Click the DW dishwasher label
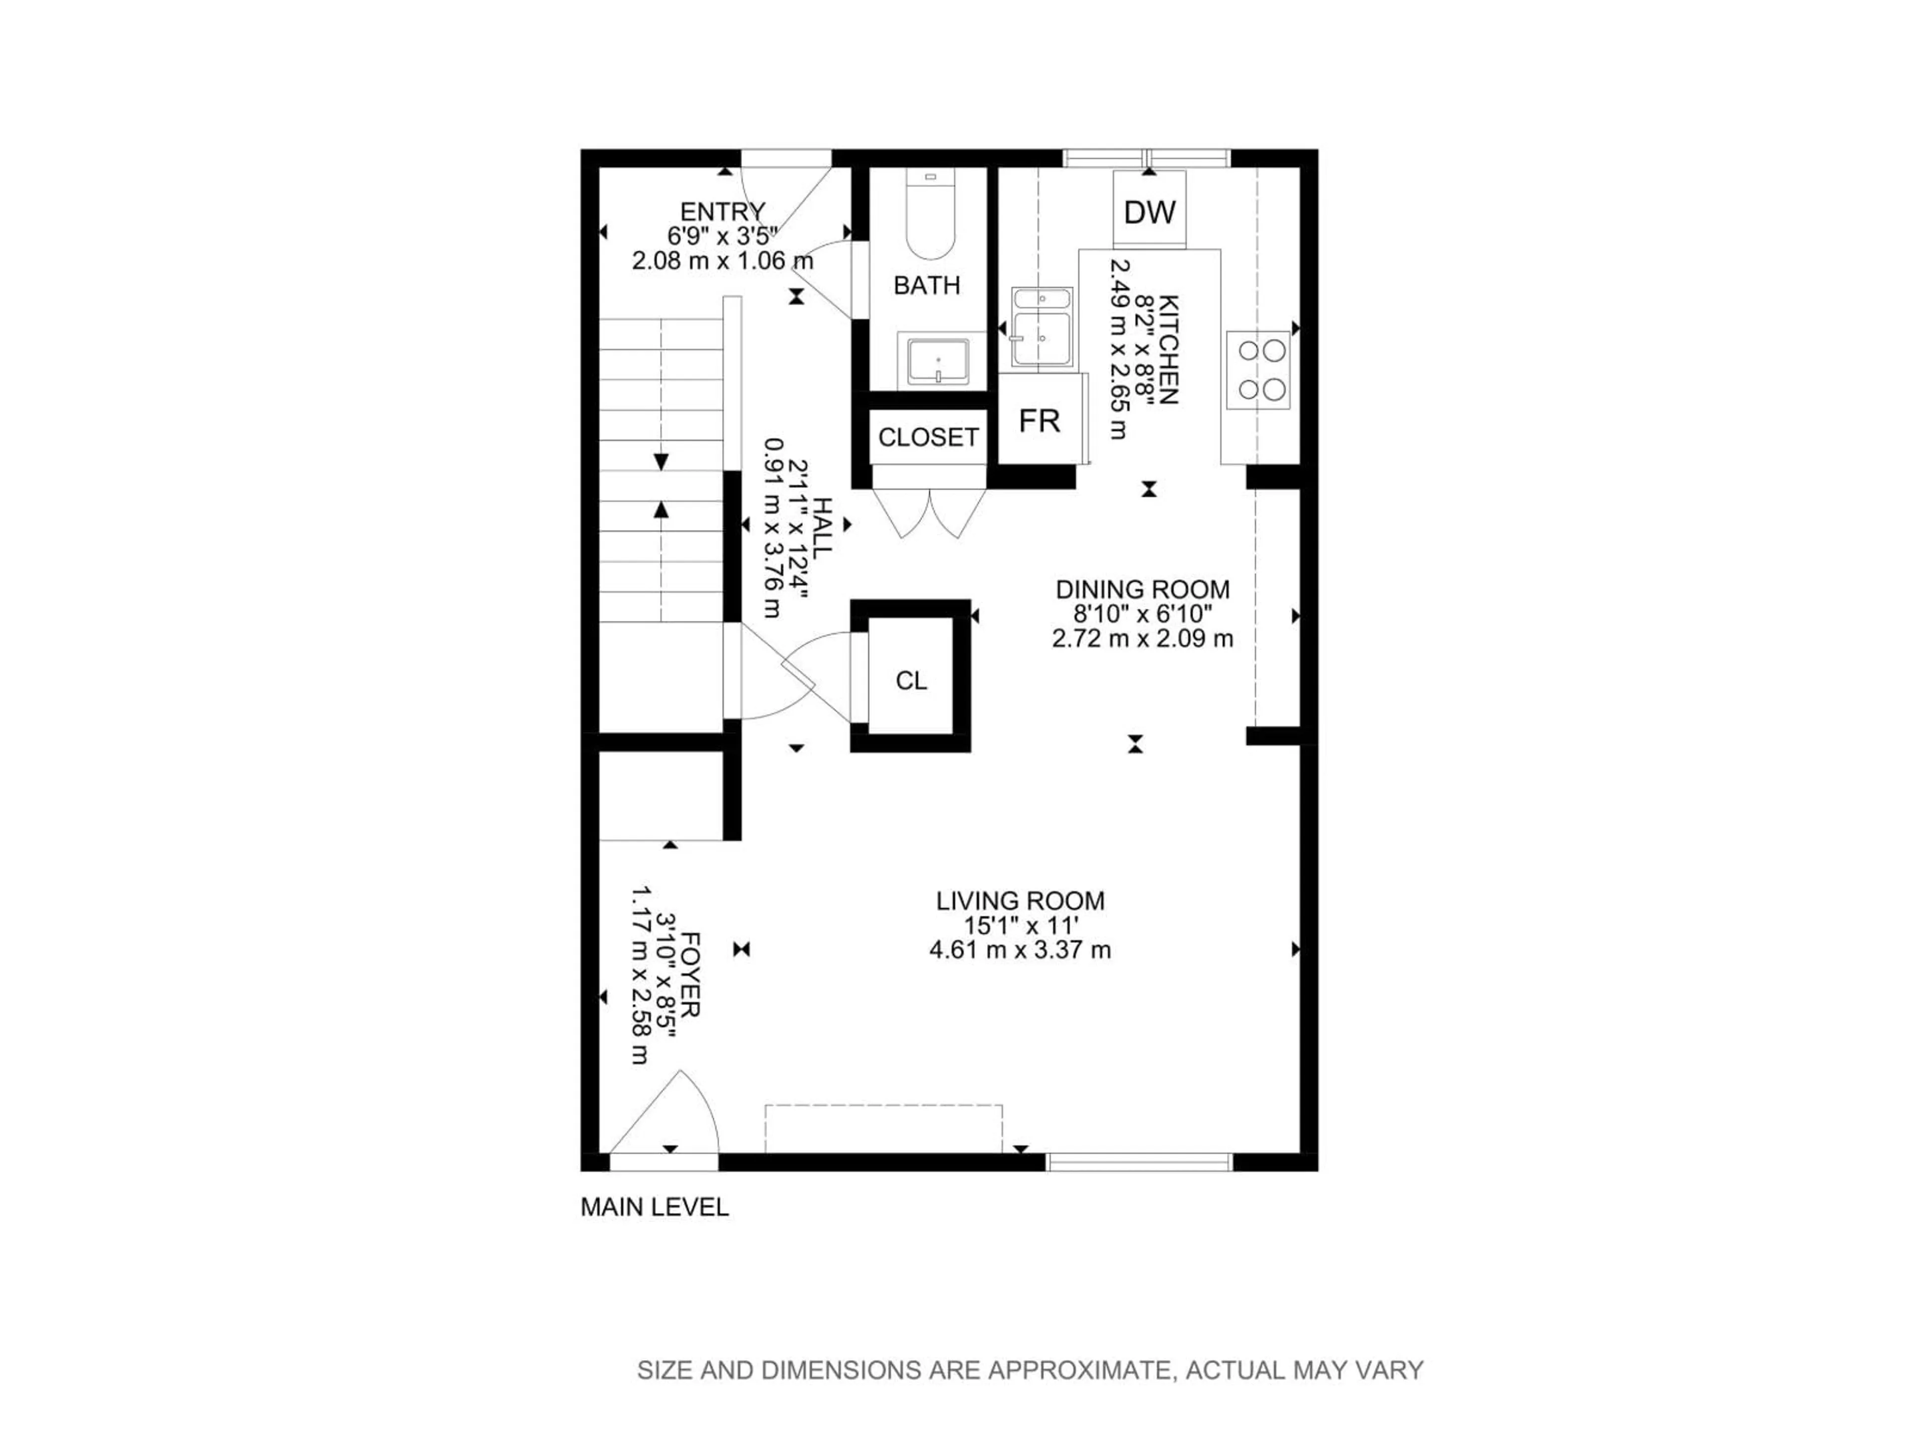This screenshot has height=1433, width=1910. coord(1150,211)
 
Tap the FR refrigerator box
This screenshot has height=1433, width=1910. coord(1039,420)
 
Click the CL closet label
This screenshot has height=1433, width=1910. coord(911,682)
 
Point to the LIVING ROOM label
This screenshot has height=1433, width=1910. coord(1020,901)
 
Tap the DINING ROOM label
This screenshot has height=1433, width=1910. coord(1143,590)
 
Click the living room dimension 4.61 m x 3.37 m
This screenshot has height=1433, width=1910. coord(1020,951)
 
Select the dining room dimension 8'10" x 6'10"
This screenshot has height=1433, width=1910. coord(1143,614)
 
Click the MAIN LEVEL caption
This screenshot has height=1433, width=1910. coord(655,1208)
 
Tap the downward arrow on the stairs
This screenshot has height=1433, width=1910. coord(662,462)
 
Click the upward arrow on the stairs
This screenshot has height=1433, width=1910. coord(662,510)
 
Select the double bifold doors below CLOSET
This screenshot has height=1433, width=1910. coord(929,514)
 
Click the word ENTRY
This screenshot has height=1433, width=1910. coord(723,211)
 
